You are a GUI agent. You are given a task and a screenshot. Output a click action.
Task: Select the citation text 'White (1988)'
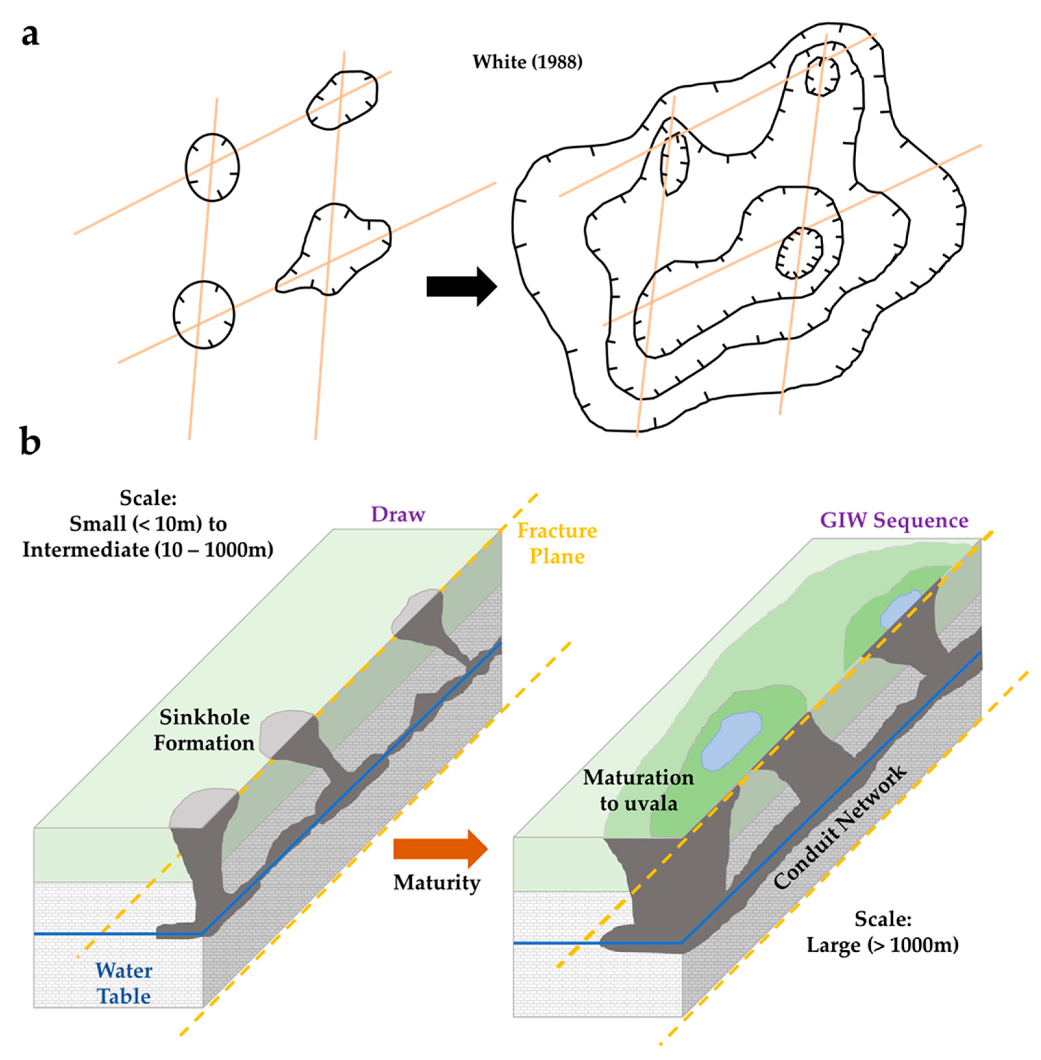[527, 62]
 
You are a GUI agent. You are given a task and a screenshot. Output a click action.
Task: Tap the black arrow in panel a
[461, 286]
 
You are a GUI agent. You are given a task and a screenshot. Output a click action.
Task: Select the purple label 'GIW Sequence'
[894, 520]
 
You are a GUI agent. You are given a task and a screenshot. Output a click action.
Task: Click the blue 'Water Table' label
[124, 982]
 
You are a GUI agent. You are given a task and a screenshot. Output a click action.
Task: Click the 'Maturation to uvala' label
[638, 790]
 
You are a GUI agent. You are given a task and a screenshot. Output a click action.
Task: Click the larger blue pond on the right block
[731, 741]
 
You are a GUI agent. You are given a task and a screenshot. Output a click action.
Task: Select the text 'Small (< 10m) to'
[148, 524]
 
